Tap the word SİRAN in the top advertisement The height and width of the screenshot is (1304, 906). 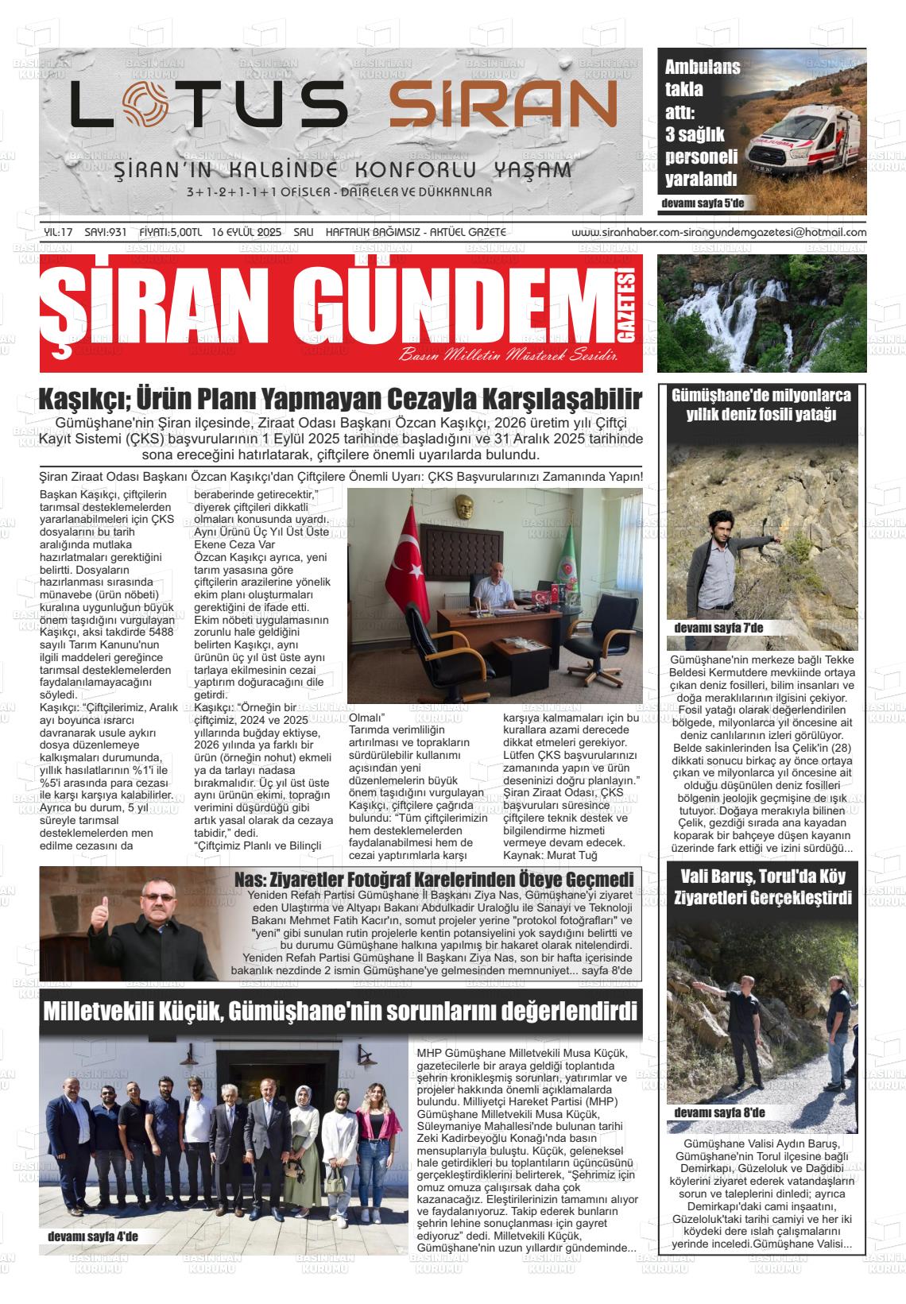pos(502,106)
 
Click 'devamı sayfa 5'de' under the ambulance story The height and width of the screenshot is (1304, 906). pos(702,204)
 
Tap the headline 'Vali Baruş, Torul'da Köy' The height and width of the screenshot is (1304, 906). pos(761,877)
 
